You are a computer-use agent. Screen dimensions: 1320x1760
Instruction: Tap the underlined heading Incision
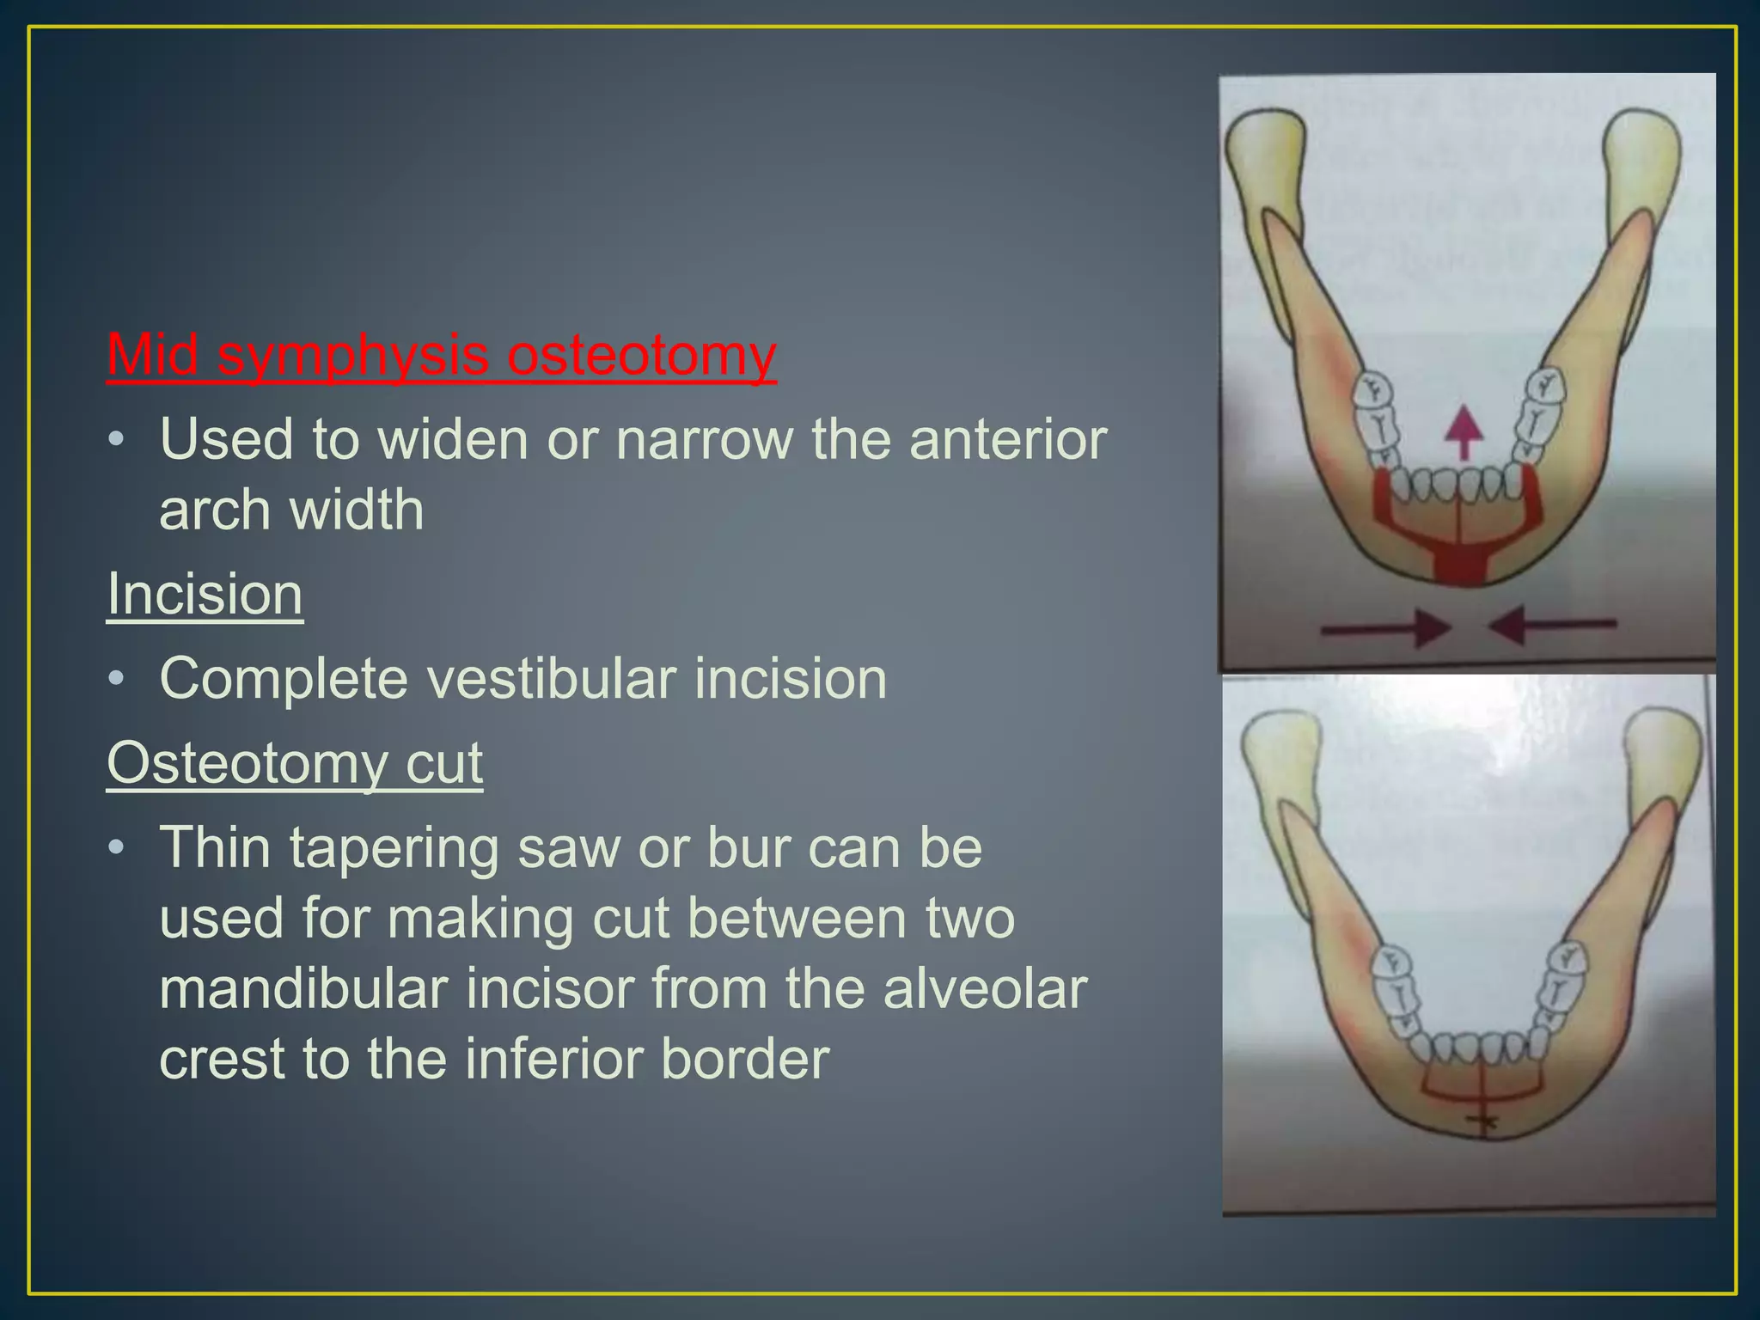[x=205, y=594]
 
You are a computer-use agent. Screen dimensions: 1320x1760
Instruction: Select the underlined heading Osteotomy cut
[x=295, y=763]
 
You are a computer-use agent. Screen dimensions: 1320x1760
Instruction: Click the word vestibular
[x=552, y=679]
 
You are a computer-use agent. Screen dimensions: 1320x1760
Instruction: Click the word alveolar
[x=985, y=989]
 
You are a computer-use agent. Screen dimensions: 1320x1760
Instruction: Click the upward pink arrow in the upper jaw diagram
[x=1464, y=431]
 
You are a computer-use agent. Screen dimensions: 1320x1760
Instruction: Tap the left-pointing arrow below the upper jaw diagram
[x=1552, y=626]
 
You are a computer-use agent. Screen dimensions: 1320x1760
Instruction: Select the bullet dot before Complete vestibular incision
[x=117, y=679]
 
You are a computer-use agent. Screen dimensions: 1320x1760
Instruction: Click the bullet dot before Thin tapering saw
[x=117, y=848]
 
